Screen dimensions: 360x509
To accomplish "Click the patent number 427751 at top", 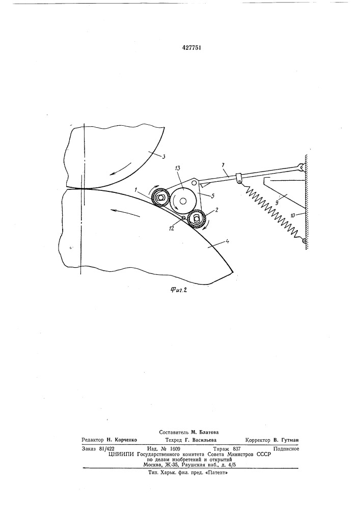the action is (191, 48).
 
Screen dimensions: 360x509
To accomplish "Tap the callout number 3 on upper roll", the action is (164, 157).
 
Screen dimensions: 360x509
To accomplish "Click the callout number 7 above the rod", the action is (224, 165).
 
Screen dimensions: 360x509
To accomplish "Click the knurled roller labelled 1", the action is (160, 197).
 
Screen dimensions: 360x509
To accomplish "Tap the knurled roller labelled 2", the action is (197, 219).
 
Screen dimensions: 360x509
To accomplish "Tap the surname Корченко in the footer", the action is (126, 440).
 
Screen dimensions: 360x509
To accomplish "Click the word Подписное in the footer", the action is (286, 448).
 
